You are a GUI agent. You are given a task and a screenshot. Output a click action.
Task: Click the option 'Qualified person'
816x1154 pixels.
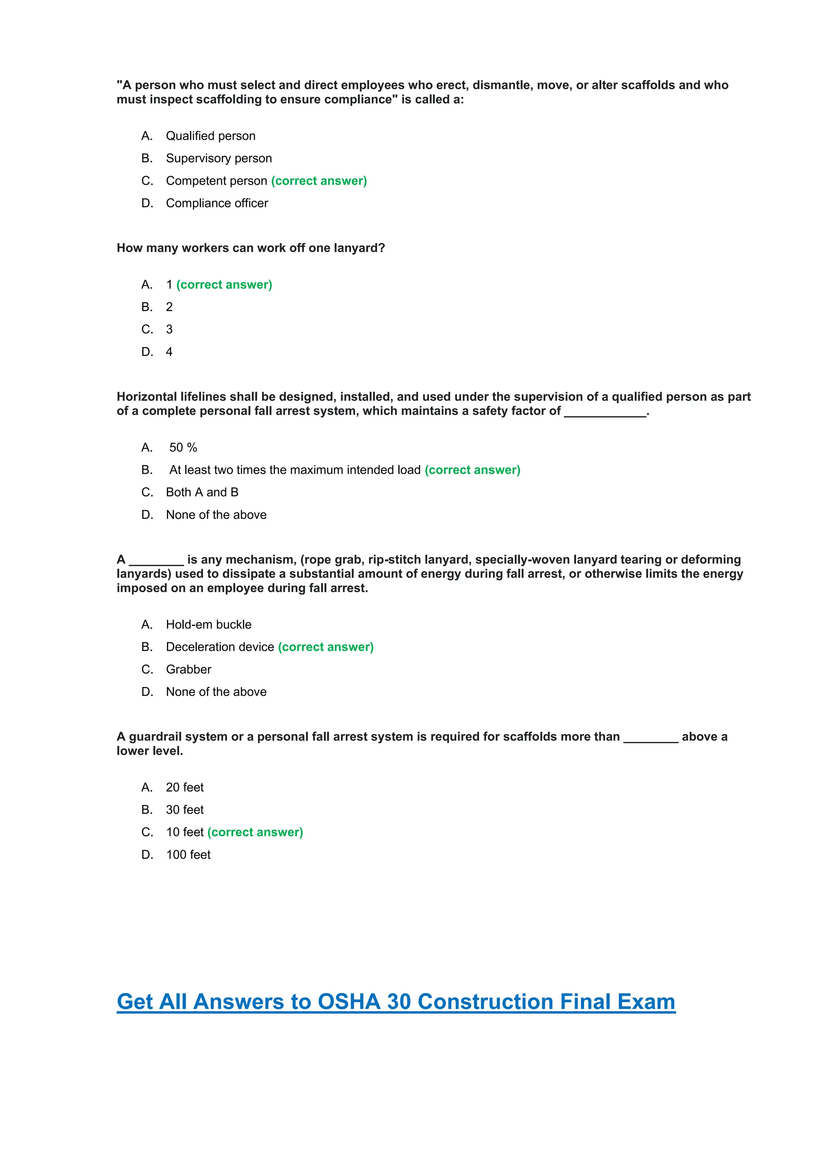pyautogui.click(x=210, y=136)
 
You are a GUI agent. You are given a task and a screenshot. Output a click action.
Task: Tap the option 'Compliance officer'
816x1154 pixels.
pyautogui.click(x=217, y=203)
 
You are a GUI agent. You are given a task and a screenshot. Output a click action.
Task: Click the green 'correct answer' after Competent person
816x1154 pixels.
pyautogui.click(x=319, y=181)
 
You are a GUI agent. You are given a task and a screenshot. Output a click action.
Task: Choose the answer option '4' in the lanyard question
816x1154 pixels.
pyautogui.click(x=169, y=352)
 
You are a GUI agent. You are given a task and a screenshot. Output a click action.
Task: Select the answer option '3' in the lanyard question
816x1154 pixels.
pyautogui.click(x=169, y=329)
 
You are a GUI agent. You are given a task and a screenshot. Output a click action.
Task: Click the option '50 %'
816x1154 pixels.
pyautogui.click(x=183, y=447)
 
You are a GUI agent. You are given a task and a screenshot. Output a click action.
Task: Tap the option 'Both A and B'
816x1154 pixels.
pyautogui.click(x=202, y=492)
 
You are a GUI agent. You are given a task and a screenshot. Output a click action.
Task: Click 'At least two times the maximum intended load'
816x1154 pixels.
pyautogui.click(x=294, y=470)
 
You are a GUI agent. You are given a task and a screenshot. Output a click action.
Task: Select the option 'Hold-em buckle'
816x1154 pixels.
pyautogui.click(x=208, y=624)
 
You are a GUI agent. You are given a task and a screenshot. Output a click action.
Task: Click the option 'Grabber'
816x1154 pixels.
pyautogui.click(x=188, y=669)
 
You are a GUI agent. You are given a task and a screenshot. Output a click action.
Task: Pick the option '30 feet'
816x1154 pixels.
pyautogui.click(x=185, y=810)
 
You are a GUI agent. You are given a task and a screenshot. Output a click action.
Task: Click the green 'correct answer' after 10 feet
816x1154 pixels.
pyautogui.click(x=255, y=832)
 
